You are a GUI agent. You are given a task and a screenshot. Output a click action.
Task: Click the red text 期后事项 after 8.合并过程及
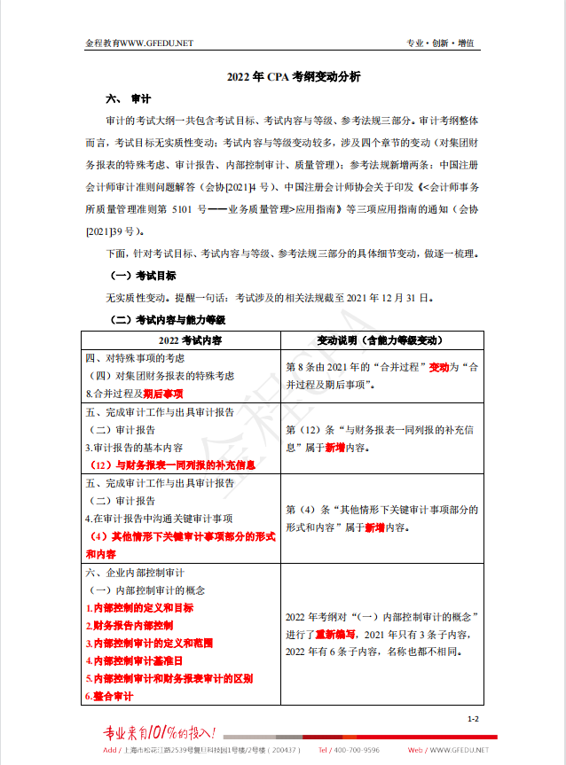[163, 393]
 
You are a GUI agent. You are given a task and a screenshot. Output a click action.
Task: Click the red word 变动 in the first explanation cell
[439, 365]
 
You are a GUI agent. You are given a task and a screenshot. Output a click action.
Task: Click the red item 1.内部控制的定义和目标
[139, 608]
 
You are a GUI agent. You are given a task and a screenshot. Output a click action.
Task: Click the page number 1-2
[473, 719]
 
